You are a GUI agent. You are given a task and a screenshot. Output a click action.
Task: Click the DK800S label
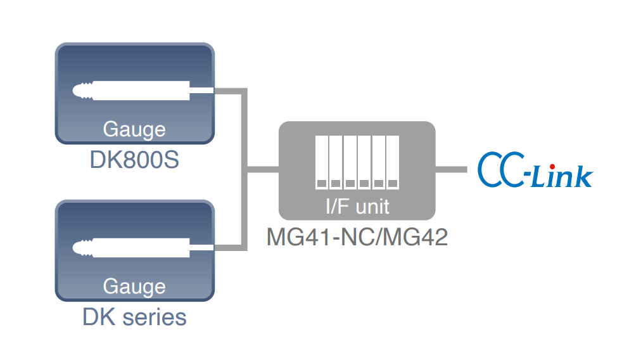point(134,160)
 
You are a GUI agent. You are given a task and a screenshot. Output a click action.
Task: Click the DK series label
point(134,316)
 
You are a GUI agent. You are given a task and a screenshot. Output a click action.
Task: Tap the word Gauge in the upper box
point(134,129)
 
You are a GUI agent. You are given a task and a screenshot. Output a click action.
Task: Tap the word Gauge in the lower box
point(134,286)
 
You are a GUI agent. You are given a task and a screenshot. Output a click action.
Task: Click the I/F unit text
point(357,206)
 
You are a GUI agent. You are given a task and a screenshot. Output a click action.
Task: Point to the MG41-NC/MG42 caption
point(357,237)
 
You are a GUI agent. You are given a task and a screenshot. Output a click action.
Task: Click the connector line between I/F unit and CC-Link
point(452,169)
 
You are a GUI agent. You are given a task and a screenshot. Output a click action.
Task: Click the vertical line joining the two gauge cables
point(244,169)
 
